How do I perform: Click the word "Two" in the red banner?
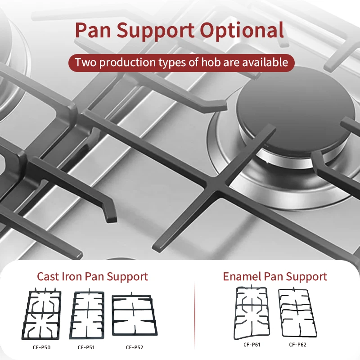coord(85,62)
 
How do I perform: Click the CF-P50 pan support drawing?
coord(43,315)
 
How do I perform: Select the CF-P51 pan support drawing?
coord(86,315)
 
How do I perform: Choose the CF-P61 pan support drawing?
coord(251,313)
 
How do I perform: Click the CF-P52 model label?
coord(134,347)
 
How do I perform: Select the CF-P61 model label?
coord(252,345)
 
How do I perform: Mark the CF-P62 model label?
coord(297,345)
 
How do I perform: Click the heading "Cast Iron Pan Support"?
coord(92,276)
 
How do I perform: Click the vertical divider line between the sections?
coord(194,310)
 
